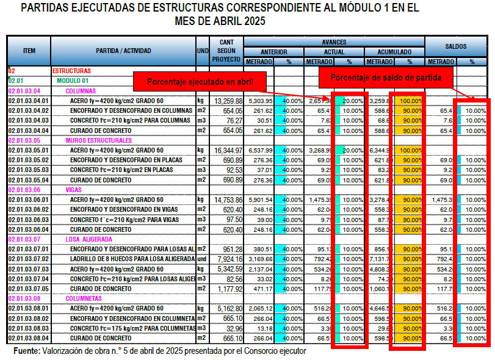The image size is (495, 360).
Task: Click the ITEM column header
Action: point(29,51)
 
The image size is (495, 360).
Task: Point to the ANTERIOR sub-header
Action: point(274,52)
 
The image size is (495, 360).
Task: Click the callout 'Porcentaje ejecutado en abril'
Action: point(200,82)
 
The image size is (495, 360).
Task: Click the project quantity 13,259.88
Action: point(228,101)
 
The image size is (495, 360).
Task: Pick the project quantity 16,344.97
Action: point(228,150)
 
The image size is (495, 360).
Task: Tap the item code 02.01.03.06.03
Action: point(29,219)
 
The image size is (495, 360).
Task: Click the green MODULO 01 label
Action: point(73,81)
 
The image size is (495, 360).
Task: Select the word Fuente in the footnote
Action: point(26,351)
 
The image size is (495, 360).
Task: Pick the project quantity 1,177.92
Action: point(229,289)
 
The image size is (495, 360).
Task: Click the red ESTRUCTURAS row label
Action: point(71,71)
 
